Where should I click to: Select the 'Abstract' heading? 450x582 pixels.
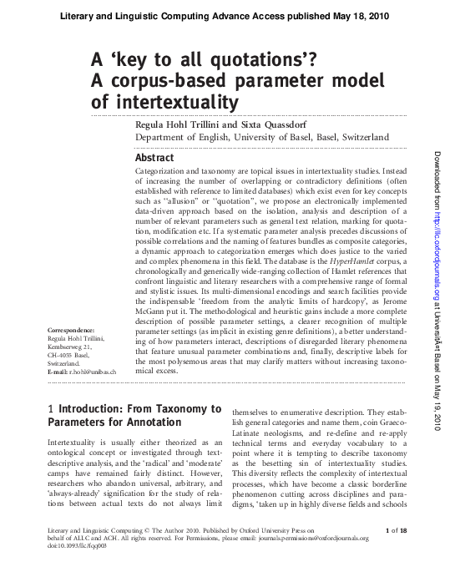(x=154, y=158)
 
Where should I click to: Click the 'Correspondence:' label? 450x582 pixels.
(x=71, y=331)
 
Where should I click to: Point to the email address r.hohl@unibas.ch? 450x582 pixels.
(x=82, y=371)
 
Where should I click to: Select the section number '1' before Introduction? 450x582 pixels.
(x=52, y=409)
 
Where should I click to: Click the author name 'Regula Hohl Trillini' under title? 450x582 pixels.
(x=179, y=124)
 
